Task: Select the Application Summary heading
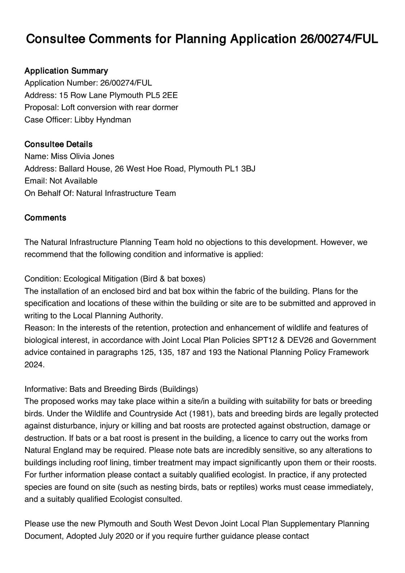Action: [x=66, y=71]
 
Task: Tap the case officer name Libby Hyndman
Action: [x=103, y=120]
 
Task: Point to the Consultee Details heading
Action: [x=58, y=144]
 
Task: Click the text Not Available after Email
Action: [x=73, y=181]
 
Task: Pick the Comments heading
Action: [x=45, y=218]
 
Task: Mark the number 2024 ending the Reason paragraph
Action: [x=34, y=365]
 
